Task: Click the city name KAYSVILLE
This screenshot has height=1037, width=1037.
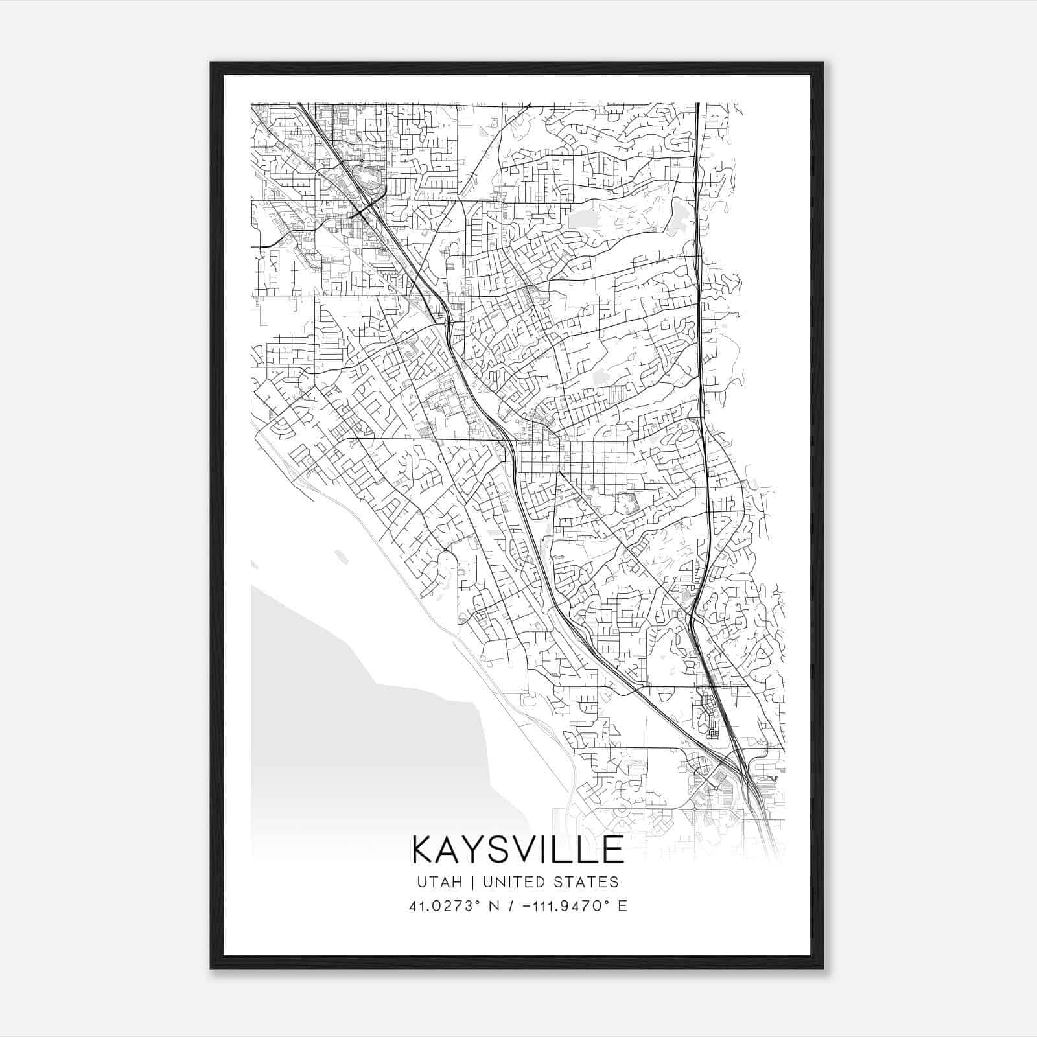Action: [518, 850]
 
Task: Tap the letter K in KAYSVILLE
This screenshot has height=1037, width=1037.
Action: [423, 850]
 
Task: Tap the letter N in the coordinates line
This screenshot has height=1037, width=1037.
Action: [494, 906]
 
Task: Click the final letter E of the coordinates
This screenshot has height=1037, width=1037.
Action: [622, 906]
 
